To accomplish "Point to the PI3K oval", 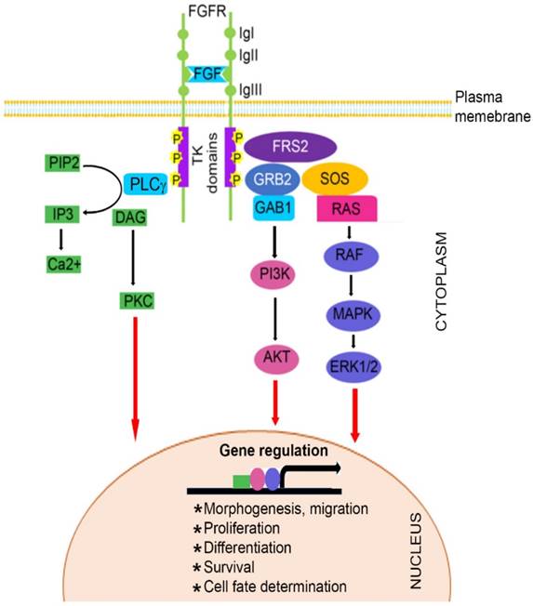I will tap(272, 276).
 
